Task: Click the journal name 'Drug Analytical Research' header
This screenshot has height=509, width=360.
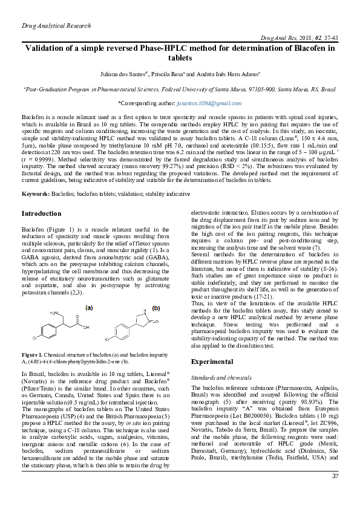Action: point(56,26)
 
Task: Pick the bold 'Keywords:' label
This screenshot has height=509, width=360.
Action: point(36,193)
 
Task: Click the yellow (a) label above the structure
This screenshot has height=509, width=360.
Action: point(88,308)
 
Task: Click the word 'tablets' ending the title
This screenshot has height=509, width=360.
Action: point(180,58)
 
